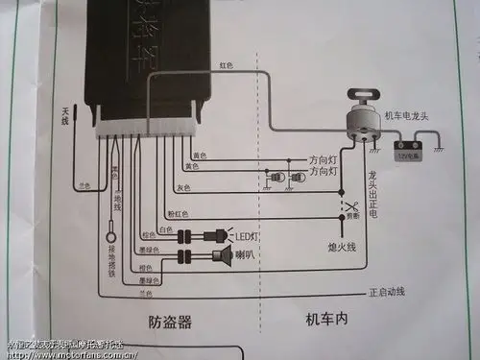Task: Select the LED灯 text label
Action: tap(250, 235)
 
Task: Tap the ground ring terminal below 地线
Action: tap(111, 238)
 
